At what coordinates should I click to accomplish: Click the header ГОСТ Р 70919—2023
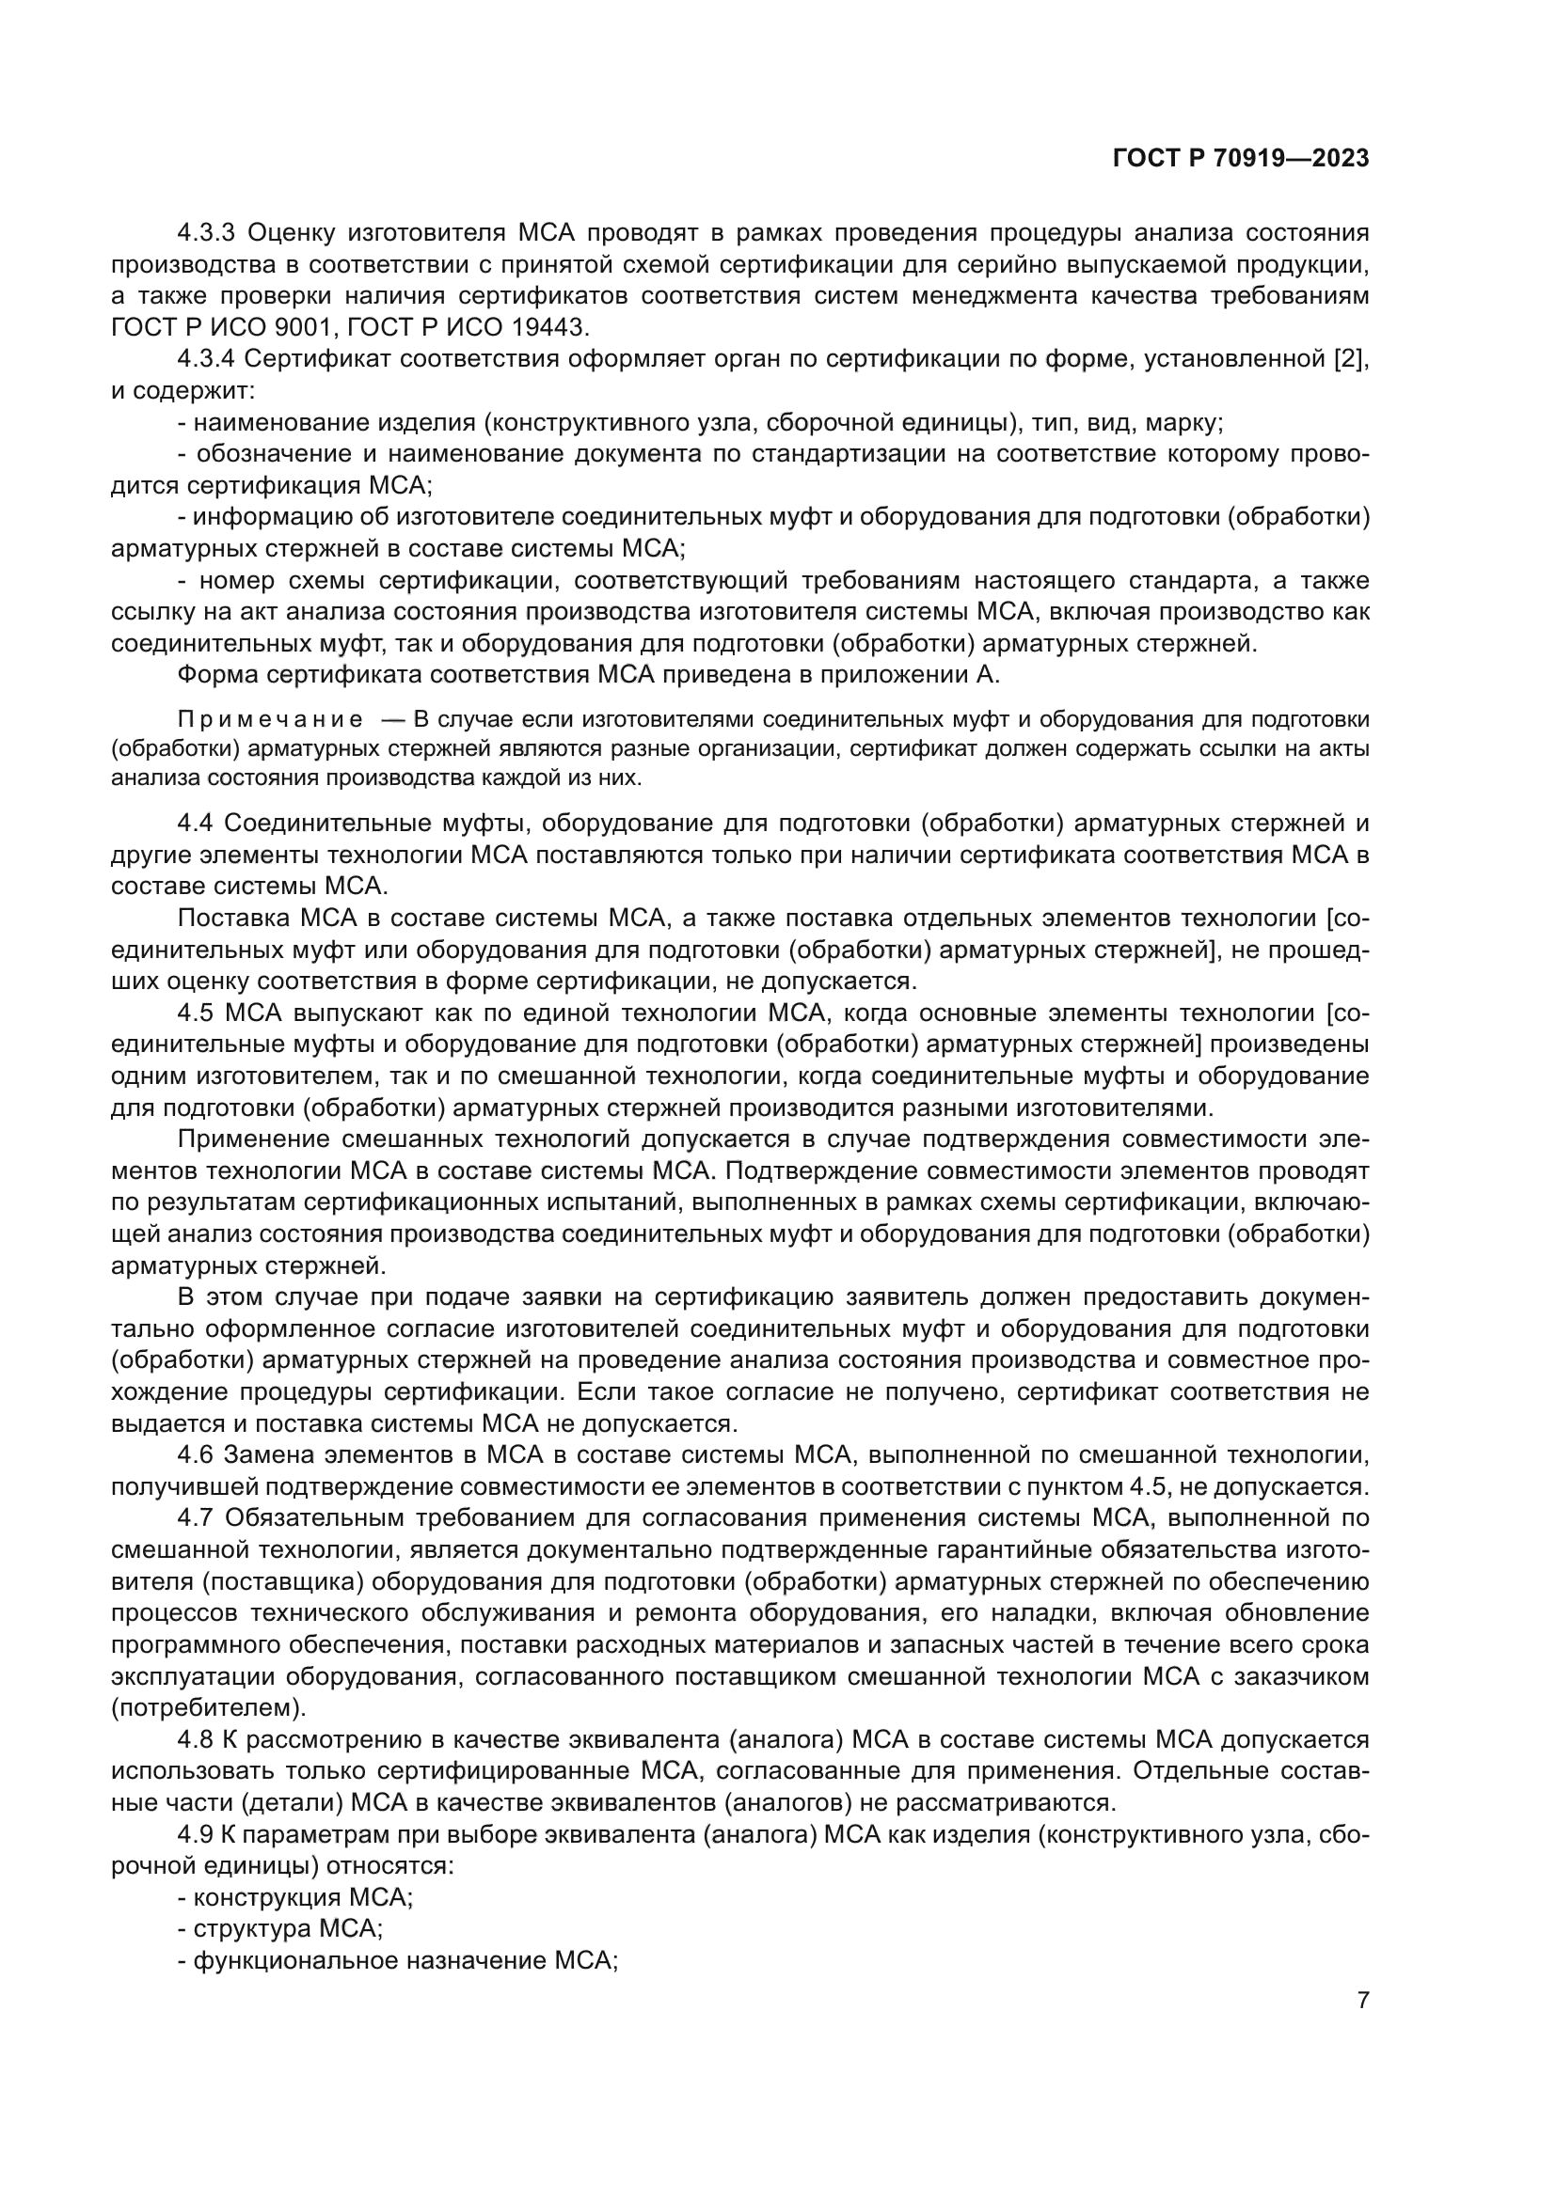(x=1241, y=159)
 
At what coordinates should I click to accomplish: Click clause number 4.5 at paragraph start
(x=197, y=1013)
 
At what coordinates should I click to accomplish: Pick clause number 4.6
(x=197, y=1455)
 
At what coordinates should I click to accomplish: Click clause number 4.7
(x=197, y=1518)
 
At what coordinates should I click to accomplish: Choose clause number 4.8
(x=197, y=1739)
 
